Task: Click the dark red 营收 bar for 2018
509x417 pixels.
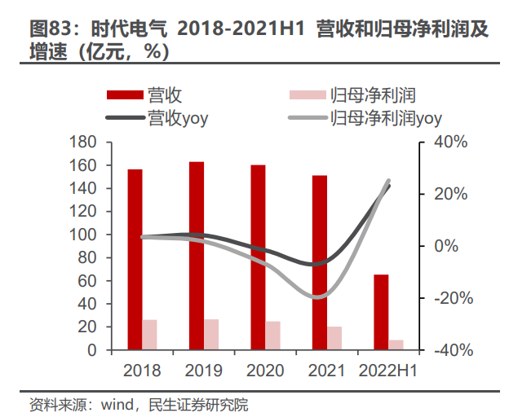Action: [135, 260]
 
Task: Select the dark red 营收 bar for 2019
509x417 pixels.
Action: [197, 256]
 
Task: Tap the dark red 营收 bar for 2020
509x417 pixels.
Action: [258, 257]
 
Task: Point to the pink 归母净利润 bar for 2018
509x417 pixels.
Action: [149, 335]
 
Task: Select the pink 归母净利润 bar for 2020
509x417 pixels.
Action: [272, 336]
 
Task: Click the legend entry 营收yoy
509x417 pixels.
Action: [178, 118]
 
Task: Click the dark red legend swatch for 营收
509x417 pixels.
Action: [126, 95]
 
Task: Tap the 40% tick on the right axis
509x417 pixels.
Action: [449, 143]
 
